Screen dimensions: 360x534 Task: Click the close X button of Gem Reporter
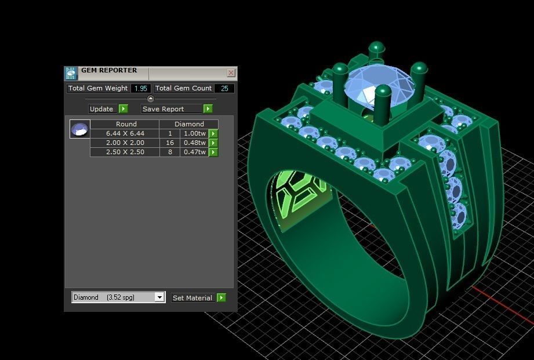coord(231,73)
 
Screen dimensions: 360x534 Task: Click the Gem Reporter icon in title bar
coord(71,73)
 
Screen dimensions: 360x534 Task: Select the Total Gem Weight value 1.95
coord(140,89)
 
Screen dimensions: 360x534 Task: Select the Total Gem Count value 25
coord(224,89)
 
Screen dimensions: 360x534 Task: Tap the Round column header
coord(126,124)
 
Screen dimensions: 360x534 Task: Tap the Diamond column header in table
coord(189,124)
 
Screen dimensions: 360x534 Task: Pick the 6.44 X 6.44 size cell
coord(125,133)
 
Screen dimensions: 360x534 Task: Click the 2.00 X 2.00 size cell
coord(125,143)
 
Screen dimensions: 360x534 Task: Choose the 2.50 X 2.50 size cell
coord(125,152)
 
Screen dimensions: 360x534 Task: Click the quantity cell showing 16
coord(170,143)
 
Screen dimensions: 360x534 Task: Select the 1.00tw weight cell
coord(194,133)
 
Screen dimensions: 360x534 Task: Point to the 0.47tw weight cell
coord(194,152)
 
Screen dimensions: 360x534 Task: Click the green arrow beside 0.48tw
coord(213,143)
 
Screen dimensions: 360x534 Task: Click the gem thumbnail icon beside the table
coord(79,129)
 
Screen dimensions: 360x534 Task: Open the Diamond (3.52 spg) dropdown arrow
coord(159,297)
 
